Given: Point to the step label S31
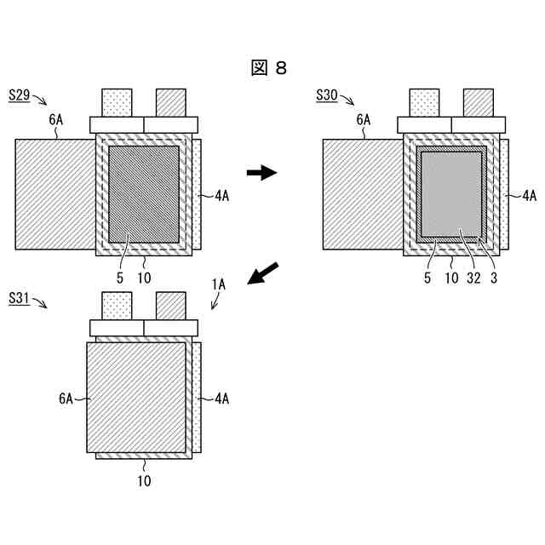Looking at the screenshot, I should point(20,298).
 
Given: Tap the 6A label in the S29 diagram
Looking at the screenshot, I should point(56,120).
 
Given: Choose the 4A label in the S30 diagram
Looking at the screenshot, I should point(529,195).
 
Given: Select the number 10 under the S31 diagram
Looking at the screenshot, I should point(144,481).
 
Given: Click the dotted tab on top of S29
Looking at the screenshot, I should point(118,102).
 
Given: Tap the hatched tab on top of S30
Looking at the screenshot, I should point(479,102).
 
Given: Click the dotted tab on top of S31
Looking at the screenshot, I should point(118,306).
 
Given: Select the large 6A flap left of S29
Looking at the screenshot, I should point(54,195).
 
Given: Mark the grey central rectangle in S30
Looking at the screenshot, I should point(451,194).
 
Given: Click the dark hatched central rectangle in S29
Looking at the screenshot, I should point(144,194).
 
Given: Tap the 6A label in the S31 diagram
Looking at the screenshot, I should point(66,398).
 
